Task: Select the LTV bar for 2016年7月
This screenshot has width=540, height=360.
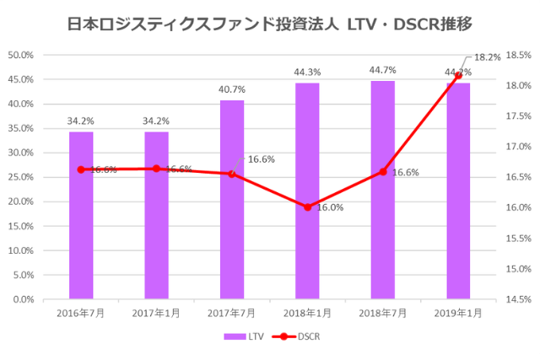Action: click(x=81, y=215)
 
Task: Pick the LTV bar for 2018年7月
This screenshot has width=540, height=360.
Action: click(x=383, y=190)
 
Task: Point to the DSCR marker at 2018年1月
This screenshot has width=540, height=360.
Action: click(x=307, y=207)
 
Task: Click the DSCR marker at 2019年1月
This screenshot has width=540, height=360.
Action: click(x=458, y=74)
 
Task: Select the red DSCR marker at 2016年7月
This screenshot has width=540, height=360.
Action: click(x=81, y=169)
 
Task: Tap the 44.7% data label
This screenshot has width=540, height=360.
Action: click(x=383, y=70)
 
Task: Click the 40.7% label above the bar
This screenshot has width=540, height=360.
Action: click(x=232, y=89)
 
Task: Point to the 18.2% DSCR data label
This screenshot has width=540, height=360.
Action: click(x=488, y=57)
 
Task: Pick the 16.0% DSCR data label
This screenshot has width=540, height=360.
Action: click(x=330, y=207)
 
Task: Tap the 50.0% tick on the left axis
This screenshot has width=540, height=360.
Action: click(x=20, y=55)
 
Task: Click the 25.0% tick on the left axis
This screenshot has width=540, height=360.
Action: click(x=20, y=177)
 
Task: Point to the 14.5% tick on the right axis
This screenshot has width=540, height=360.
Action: click(x=518, y=299)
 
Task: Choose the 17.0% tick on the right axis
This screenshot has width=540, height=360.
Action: click(x=518, y=147)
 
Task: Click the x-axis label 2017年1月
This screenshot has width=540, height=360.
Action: click(x=156, y=313)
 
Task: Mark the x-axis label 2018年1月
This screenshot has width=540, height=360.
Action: click(x=307, y=313)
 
